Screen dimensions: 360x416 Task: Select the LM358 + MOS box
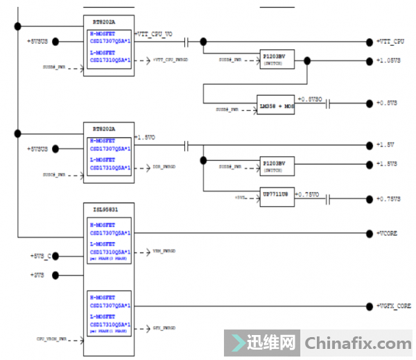click(276, 106)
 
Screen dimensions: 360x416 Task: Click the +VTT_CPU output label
click(390, 42)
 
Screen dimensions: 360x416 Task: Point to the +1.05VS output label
click(388, 60)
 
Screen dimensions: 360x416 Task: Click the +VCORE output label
click(388, 234)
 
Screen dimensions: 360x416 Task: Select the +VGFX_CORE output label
click(395, 306)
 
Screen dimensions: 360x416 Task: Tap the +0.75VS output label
click(389, 199)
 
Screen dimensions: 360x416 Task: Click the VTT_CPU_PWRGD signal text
click(171, 60)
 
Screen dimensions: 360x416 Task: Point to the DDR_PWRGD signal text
click(164, 167)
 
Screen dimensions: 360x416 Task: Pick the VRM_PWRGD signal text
click(164, 251)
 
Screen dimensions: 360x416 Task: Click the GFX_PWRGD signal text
click(164, 327)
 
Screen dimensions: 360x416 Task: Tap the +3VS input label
click(37, 275)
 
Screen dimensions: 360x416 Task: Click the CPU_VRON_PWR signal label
click(51, 338)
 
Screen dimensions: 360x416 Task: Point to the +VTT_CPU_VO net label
click(156, 33)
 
